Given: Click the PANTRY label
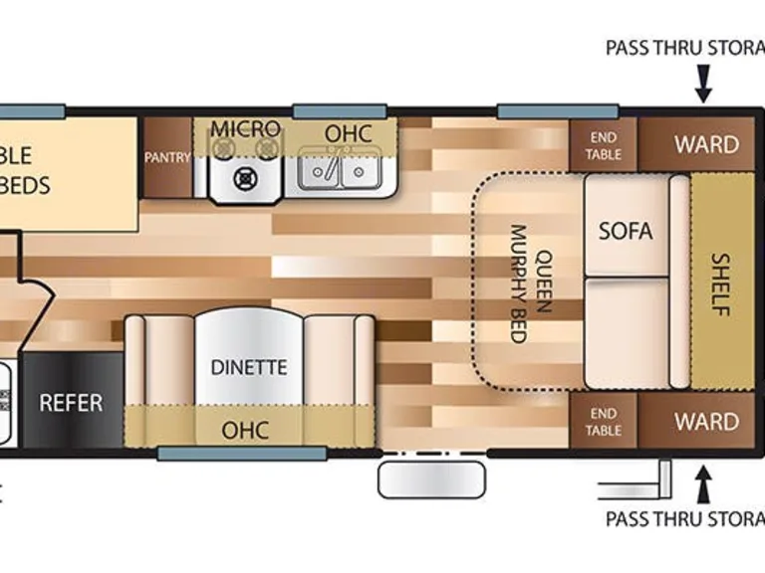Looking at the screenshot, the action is coord(166,157).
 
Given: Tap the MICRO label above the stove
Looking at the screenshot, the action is coord(244,129).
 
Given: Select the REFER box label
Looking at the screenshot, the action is coord(71,403).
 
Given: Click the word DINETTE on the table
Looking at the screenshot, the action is coord(249,367).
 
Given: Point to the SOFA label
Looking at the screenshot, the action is coord(626,231).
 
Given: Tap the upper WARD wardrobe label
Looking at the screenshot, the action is coord(706,144).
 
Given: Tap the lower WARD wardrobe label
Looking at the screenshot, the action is coord(706,421).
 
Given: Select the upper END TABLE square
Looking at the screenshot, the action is coord(604,145).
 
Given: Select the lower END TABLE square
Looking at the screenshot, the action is coord(604,421).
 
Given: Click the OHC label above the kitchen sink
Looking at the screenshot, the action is coord(348,133).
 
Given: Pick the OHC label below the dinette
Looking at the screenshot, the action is coord(247,429).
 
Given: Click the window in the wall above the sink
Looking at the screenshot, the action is coord(338,107).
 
